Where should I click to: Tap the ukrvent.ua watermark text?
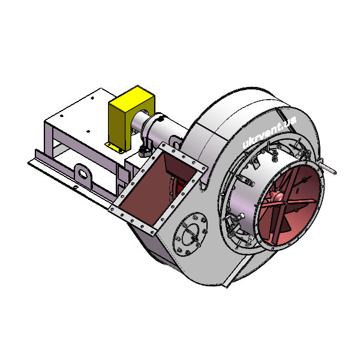click(x=269, y=131)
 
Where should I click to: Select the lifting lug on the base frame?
click(x=83, y=175)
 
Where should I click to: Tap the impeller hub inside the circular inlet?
click(x=279, y=196)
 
